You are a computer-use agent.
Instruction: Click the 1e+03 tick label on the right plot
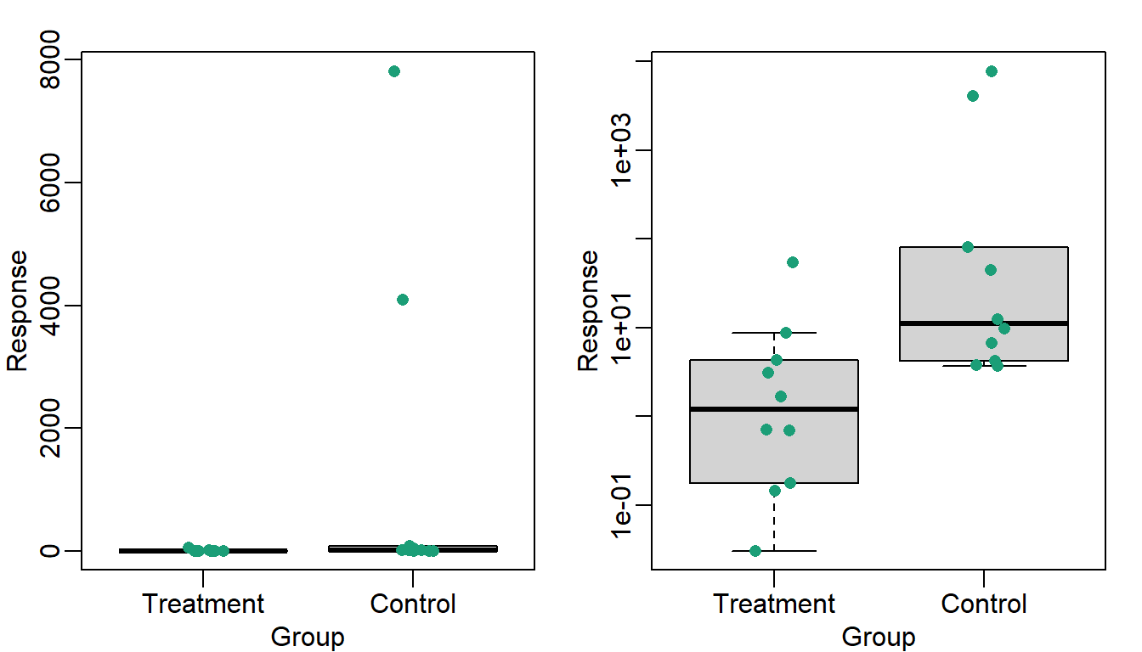[x=622, y=150]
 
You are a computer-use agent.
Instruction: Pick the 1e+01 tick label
[x=622, y=328]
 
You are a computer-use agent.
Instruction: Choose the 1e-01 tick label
[x=622, y=505]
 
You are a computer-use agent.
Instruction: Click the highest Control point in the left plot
[x=394, y=71]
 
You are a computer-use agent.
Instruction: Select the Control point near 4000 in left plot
[x=403, y=300]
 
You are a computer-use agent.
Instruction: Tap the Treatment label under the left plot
[x=203, y=604]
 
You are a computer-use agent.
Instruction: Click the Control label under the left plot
[x=413, y=604]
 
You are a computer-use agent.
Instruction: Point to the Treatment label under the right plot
[x=774, y=604]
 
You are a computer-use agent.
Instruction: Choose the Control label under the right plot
[x=984, y=604]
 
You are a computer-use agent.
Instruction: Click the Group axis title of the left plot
[x=308, y=637]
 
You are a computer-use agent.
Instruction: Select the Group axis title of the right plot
[x=879, y=637]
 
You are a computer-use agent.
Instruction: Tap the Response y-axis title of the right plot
[x=588, y=311]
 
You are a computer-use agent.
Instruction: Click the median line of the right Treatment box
[x=774, y=409]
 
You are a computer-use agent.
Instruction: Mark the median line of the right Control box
[x=984, y=323]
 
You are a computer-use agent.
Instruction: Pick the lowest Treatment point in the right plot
[x=755, y=551]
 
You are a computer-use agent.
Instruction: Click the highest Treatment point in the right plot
[x=793, y=262]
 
